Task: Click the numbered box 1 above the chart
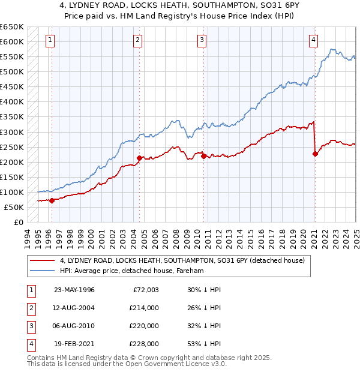[49, 40]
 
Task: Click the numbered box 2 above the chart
[137, 40]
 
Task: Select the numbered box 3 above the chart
[202, 40]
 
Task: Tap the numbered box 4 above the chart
[313, 40]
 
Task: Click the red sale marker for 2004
[140, 158]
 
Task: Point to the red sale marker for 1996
[52, 200]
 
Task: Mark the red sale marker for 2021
[315, 154]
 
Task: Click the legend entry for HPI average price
[132, 271]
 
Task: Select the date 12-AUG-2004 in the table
[74, 308]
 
